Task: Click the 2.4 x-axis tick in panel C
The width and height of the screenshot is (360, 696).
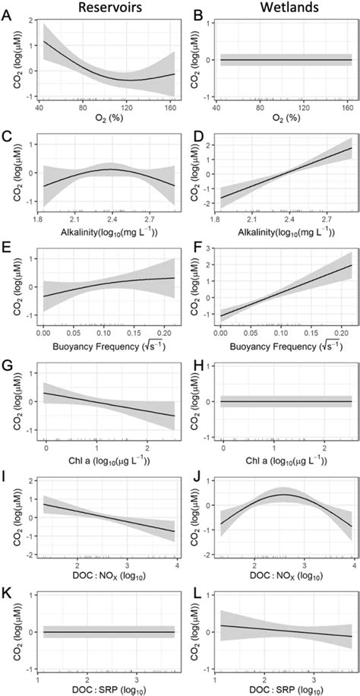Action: coord(102,220)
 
